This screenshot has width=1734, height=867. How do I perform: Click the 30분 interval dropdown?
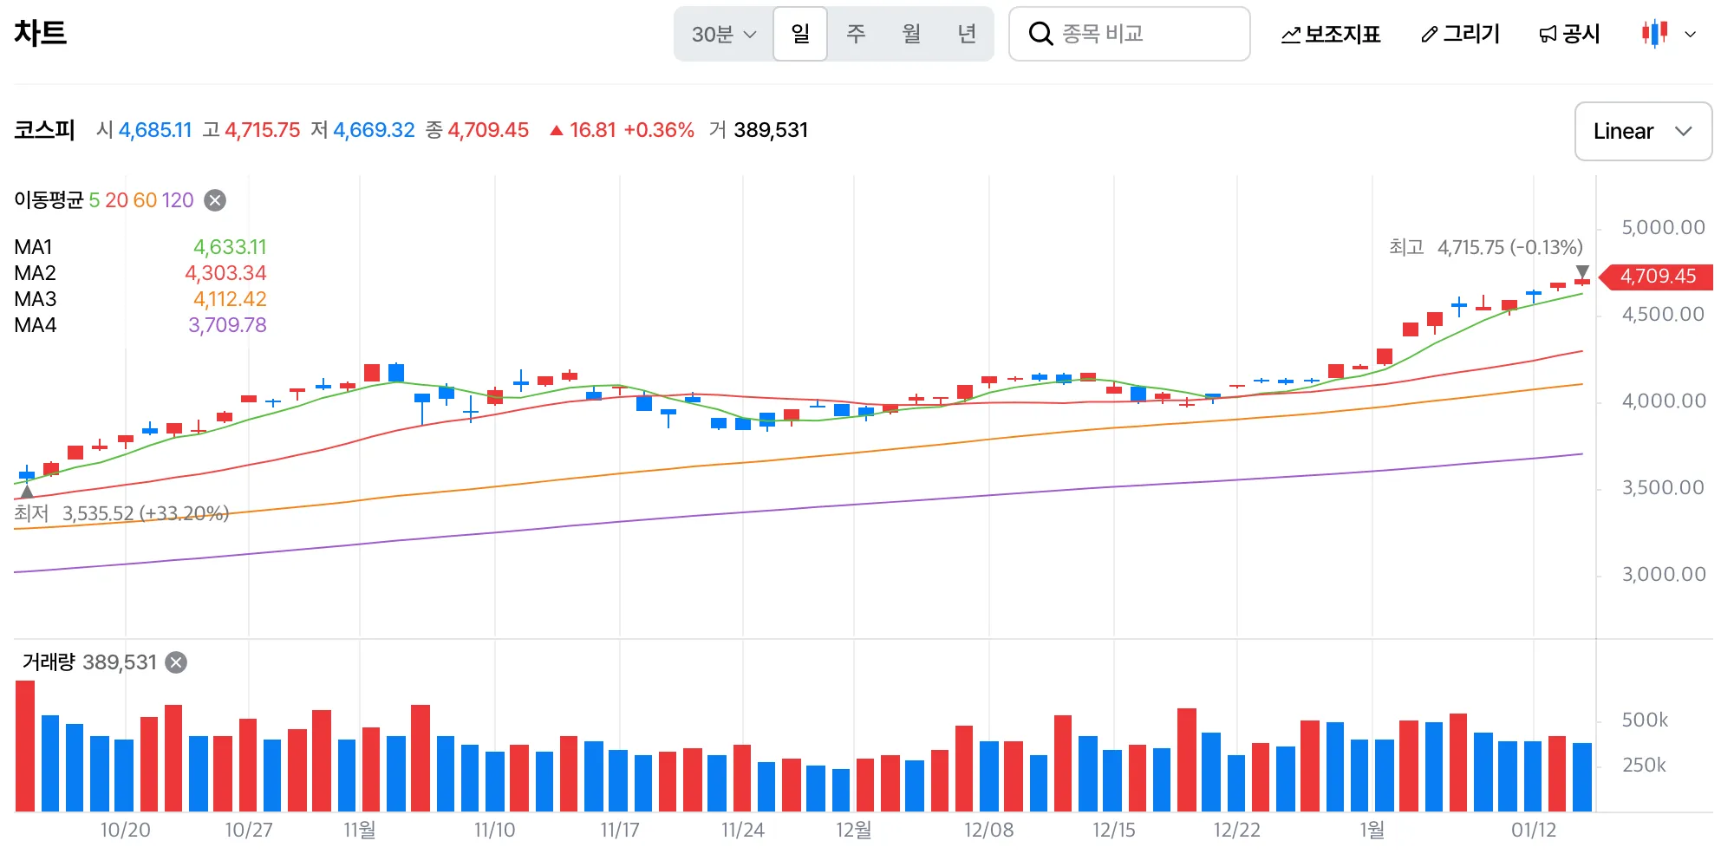723,34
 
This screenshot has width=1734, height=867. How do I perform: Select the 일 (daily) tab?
800,34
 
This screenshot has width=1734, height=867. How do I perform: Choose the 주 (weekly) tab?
856,34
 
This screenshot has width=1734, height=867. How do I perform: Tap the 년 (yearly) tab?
967,34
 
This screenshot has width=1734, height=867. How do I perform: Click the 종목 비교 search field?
1129,34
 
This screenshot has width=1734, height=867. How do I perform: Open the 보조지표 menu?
1331,34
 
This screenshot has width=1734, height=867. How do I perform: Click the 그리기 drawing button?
1461,34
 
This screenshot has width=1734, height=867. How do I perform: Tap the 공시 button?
1569,34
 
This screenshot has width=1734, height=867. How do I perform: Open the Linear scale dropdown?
1642,131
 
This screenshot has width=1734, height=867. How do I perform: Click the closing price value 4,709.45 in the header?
488,130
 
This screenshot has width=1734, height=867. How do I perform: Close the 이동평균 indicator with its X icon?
215,200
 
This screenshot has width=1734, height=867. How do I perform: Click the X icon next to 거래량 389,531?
176,662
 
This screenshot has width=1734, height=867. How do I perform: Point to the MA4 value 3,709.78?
227,325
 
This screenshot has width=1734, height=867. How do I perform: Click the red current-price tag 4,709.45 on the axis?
1657,277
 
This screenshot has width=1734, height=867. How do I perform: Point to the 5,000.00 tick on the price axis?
1662,227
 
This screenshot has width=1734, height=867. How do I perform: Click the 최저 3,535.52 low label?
121,513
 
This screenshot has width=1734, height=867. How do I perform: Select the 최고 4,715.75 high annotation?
1485,247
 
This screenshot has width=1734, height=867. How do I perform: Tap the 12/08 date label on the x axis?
988,830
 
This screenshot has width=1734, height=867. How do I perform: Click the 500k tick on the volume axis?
1644,720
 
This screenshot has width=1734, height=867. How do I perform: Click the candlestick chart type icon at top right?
1654,34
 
